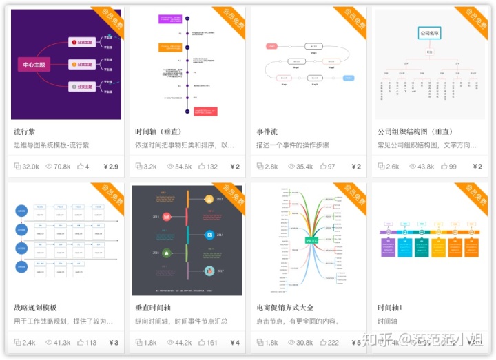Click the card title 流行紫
click(x=27, y=131)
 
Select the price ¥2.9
click(x=111, y=167)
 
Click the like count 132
click(x=211, y=167)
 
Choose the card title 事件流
click(x=267, y=131)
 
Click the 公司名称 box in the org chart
click(x=430, y=33)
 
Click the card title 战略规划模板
click(x=35, y=308)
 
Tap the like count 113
click(x=90, y=343)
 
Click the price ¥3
click(x=114, y=343)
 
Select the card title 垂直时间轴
click(x=153, y=308)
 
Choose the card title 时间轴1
click(x=390, y=308)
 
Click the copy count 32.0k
click(x=30, y=167)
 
